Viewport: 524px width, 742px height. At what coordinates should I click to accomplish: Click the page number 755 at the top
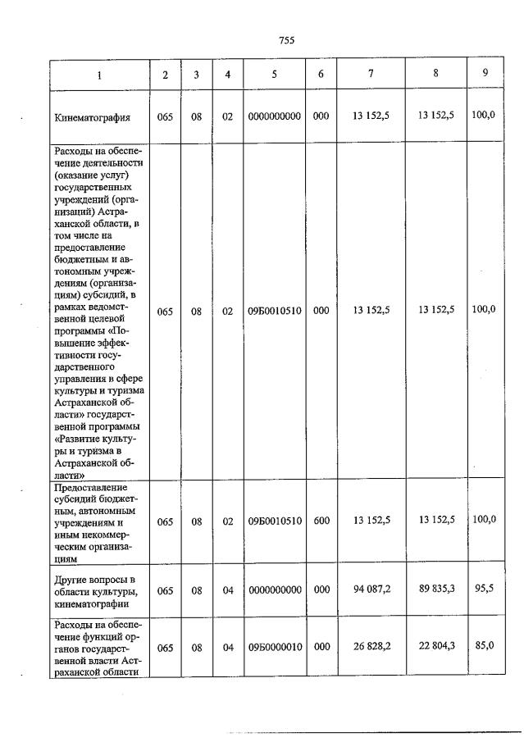tap(286, 40)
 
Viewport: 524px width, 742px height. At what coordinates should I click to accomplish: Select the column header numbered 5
tap(275, 75)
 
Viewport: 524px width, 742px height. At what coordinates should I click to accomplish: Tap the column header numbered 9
tap(485, 74)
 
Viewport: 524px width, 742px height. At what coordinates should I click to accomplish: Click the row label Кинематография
tap(93, 116)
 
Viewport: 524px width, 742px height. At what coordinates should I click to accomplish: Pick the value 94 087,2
tap(371, 589)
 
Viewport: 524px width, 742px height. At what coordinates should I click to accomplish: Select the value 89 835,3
tap(435, 589)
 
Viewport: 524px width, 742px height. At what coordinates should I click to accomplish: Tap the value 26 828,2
tap(371, 646)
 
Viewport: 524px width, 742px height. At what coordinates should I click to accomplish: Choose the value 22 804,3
tap(435, 646)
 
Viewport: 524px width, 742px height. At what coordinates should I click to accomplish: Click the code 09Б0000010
tap(275, 647)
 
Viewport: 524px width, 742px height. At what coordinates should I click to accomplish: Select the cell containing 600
tap(321, 521)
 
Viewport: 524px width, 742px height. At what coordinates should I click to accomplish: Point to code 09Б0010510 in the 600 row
tap(275, 521)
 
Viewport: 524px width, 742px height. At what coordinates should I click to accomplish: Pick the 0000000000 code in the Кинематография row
tap(275, 116)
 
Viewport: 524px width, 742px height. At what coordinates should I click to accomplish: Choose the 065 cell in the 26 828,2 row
tap(165, 647)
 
